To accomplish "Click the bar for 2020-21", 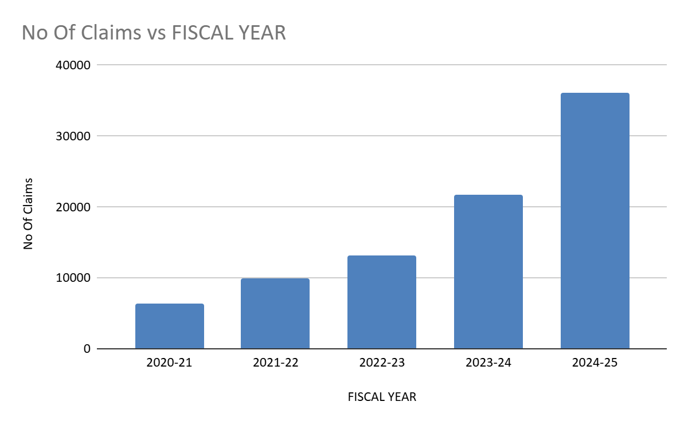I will pos(170,326).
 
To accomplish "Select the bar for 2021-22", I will pos(275,313).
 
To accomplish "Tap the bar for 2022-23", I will pos(382,302).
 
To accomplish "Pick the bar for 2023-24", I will pos(488,271).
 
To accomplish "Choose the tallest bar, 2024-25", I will pos(595,221).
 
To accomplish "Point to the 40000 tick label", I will pos(73,65).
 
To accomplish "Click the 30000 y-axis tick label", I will pos(73,136).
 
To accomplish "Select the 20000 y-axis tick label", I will pos(73,207).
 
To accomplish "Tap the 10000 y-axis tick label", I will pos(73,278).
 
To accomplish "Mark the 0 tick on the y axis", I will pos(87,349).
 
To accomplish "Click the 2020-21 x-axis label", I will pos(169,363).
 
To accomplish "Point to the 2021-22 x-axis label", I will pos(275,363).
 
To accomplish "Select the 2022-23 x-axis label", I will pos(382,363).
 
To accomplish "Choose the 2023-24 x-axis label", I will pos(488,363).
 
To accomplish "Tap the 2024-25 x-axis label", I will pos(595,363).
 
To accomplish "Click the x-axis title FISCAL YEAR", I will pos(382,397).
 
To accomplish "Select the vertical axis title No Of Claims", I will pos(28,213).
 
